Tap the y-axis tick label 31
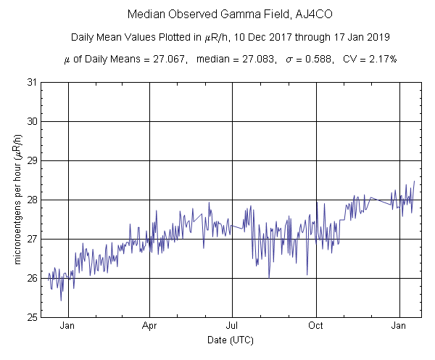point(33,82)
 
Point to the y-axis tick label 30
point(33,121)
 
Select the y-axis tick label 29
point(33,160)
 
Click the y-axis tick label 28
point(33,200)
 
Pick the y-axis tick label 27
point(33,239)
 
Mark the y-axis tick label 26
point(33,278)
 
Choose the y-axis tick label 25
point(33,317)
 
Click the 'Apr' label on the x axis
point(150,327)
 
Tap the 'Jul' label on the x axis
point(233,327)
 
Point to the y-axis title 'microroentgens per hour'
point(18,200)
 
